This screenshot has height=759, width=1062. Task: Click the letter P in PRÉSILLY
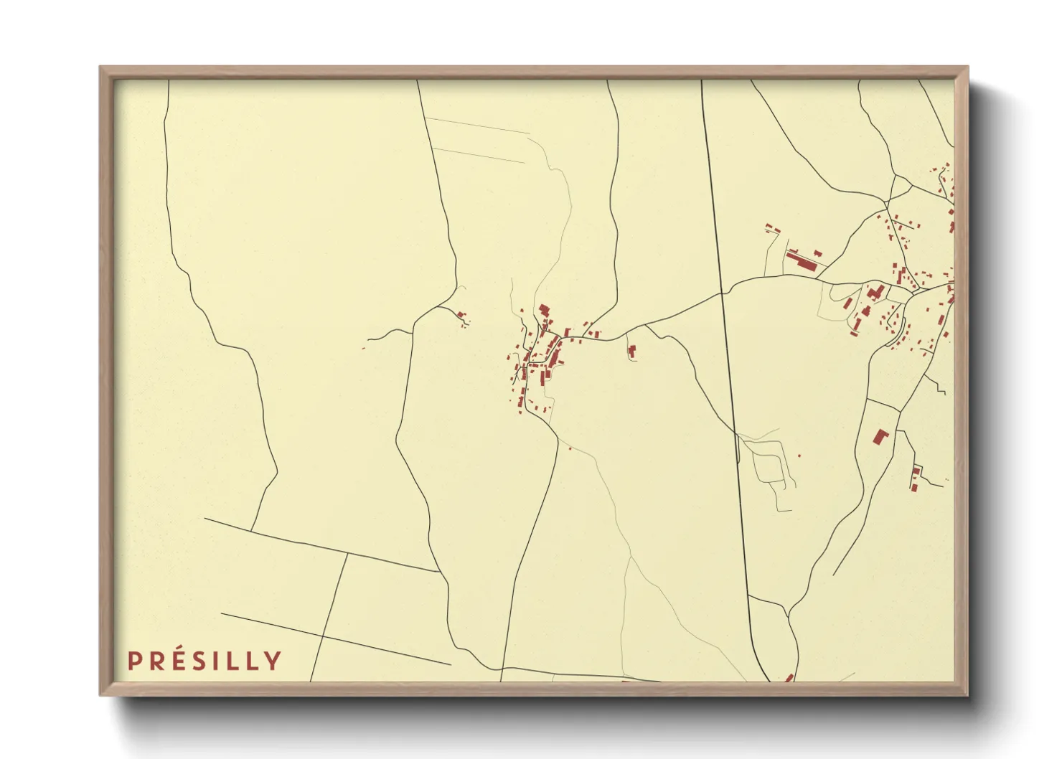[x=133, y=661]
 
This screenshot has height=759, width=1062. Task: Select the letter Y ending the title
[x=273, y=661]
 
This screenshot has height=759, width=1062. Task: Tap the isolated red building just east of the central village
[x=632, y=351]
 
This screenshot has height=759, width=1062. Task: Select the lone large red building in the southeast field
[x=880, y=436]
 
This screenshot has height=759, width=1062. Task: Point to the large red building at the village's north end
[x=544, y=311]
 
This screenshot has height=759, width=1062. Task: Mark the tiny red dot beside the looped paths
[x=799, y=456]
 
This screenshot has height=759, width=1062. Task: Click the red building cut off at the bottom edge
[x=789, y=677]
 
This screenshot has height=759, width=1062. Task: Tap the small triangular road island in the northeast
[x=900, y=189]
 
